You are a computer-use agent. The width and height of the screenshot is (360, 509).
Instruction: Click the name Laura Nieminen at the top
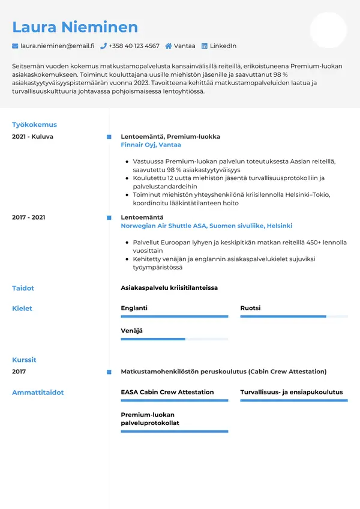click(75, 27)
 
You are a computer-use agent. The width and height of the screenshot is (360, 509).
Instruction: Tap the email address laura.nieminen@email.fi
click(57, 46)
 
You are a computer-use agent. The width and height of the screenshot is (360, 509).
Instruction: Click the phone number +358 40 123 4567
click(134, 46)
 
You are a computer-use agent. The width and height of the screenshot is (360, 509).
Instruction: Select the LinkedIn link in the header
click(223, 46)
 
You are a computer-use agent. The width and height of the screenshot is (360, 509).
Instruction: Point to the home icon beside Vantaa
click(169, 46)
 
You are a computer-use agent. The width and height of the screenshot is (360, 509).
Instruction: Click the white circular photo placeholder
click(328, 30)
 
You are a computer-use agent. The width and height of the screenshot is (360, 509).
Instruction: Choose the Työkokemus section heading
click(34, 125)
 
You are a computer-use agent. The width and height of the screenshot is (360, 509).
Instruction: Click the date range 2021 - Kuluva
click(32, 137)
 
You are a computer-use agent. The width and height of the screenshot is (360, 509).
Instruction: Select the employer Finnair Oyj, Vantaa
click(151, 145)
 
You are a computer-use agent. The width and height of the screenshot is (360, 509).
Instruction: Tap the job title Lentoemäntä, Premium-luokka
click(170, 137)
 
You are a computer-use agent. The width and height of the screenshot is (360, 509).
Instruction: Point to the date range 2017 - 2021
click(28, 217)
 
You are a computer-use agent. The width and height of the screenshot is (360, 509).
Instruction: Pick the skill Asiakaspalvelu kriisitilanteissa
click(169, 288)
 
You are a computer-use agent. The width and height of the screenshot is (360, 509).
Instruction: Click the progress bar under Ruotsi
click(294, 316)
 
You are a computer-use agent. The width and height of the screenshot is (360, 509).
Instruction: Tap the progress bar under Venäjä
click(175, 339)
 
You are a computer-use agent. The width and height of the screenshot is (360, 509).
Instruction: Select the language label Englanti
click(134, 308)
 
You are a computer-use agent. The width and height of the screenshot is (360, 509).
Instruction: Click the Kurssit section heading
click(24, 360)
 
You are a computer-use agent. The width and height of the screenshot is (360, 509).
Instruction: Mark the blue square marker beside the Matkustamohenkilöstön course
click(109, 372)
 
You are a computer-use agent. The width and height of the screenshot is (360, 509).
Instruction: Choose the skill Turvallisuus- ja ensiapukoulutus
click(292, 392)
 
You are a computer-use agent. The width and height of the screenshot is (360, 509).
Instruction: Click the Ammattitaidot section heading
click(38, 393)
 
